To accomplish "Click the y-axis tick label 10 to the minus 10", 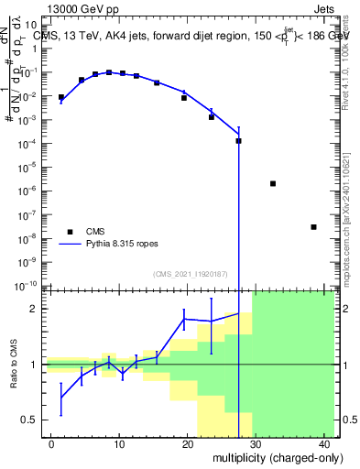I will pyautogui.click(x=29, y=285).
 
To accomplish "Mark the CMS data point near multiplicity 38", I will pyautogui.click(x=313, y=227).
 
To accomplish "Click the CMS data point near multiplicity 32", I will pyautogui.click(x=273, y=183).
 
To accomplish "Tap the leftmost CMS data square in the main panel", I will pyautogui.click(x=61, y=97).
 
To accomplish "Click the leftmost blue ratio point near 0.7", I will pyautogui.click(x=61, y=397).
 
